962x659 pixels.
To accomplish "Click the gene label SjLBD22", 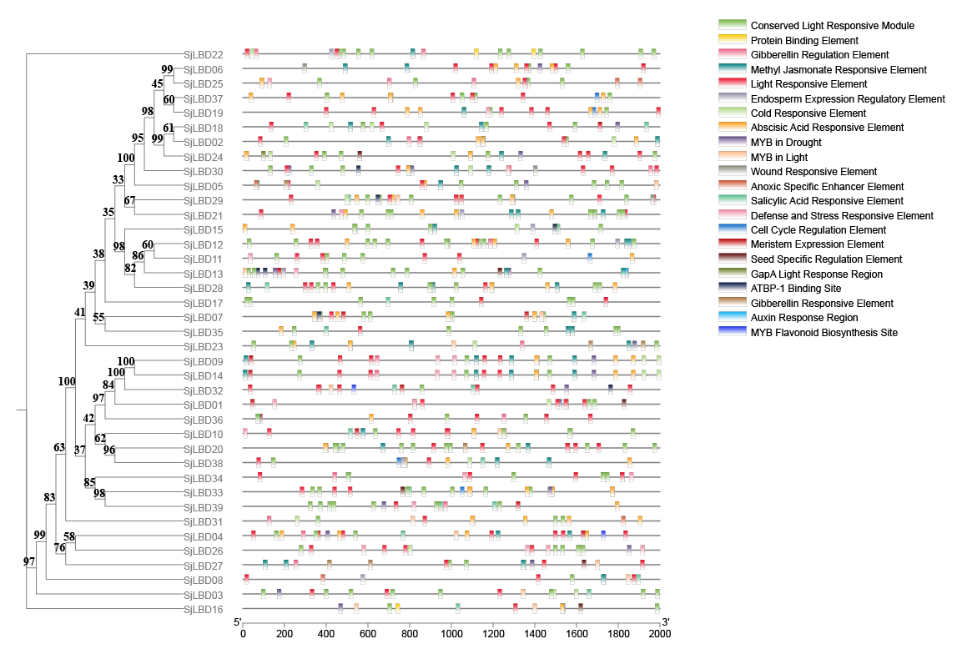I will pos(203,55).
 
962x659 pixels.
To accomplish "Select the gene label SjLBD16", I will pos(203,610).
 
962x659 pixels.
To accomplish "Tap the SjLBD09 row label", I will pos(203,361).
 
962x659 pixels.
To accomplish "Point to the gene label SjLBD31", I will pos(203,522).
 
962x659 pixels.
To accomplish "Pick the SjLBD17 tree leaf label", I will pos(203,303).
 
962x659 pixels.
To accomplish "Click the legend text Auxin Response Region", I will pos(803,318).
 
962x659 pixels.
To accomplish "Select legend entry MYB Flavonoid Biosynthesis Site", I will pos(824,333).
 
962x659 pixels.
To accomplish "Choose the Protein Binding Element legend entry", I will pos(804,41).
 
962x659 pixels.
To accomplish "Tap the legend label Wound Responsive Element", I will pos(813,172).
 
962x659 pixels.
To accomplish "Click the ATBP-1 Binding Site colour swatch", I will pos(732,289).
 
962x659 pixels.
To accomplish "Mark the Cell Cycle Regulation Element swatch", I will pos(732,230).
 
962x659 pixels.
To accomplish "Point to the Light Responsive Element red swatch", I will pos(732,84).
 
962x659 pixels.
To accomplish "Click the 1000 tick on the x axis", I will pos(451,634).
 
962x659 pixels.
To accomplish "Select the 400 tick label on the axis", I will pos(326,634).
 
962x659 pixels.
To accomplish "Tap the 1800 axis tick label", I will pos(618,634).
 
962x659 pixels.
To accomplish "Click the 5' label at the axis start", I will pos(239,623).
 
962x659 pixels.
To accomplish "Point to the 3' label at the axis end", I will pos(665,623).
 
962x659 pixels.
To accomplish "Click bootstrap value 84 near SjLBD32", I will pos(108,385).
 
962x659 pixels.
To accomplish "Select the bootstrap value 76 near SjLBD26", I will pos(60,548).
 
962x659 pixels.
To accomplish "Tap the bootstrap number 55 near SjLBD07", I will pos(98,318).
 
